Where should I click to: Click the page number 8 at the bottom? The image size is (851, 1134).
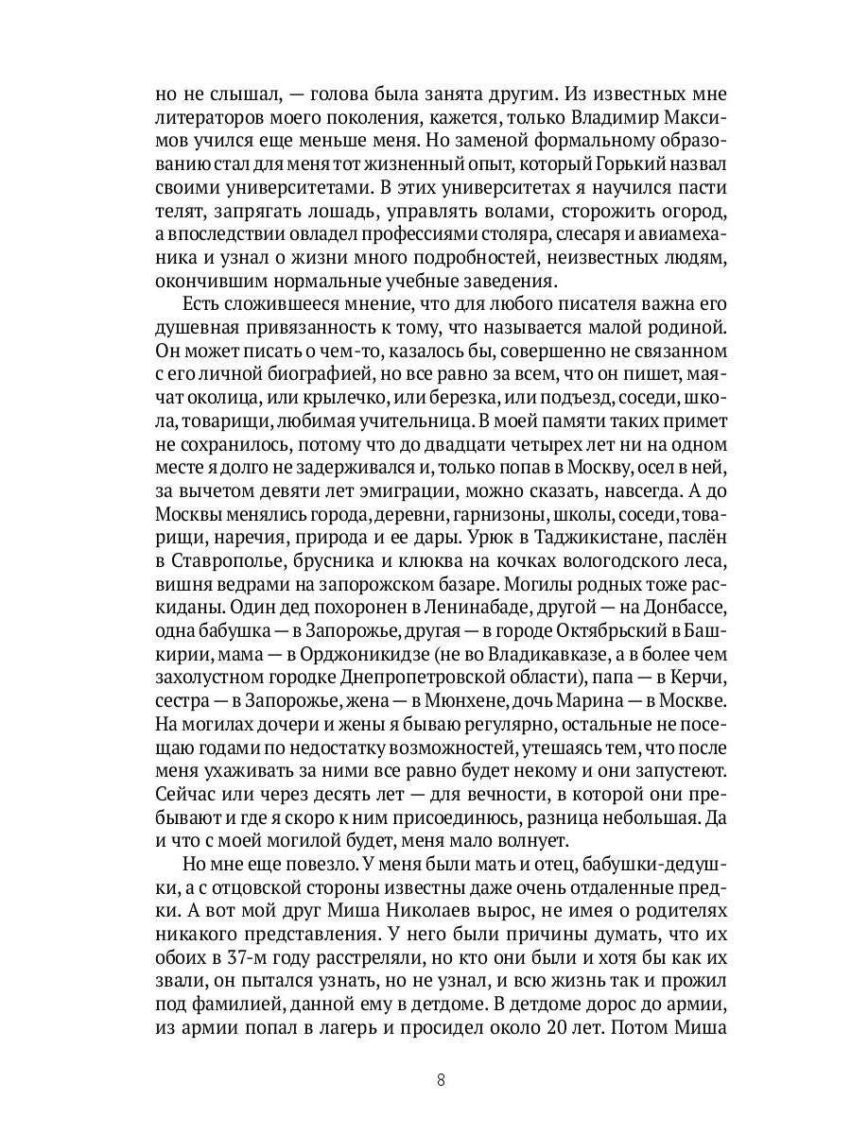pos(441,1081)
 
